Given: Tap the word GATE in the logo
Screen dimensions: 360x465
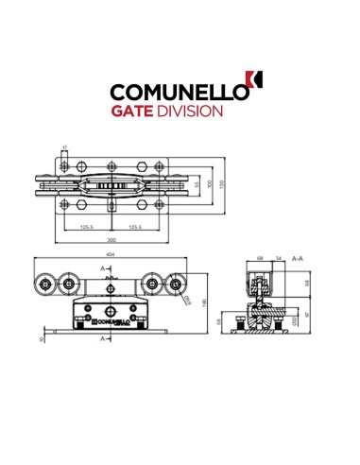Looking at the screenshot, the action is pyautogui.click(x=137, y=111).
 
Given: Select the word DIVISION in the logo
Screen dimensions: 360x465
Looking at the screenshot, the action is pyautogui.click(x=193, y=111).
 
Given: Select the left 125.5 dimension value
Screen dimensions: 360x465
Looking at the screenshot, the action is pyautogui.click(x=86, y=227).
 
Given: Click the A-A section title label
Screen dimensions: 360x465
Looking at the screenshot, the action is pyautogui.click(x=297, y=257).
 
